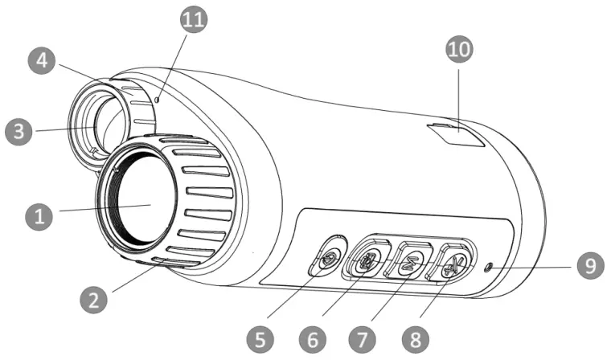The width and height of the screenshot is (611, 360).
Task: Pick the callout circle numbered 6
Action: (313, 340)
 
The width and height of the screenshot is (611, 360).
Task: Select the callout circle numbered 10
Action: (460, 50)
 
